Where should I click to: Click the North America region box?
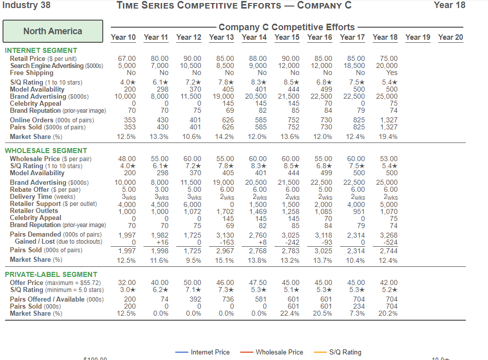(x=53, y=31)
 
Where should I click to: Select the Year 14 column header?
(x=254, y=37)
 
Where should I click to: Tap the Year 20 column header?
(x=451, y=37)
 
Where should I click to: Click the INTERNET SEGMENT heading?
(x=41, y=50)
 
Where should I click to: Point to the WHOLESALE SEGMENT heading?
(x=46, y=151)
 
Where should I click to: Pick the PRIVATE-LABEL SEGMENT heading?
(x=51, y=274)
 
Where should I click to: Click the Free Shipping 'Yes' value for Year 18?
(x=391, y=73)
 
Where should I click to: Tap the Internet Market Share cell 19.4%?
(x=388, y=136)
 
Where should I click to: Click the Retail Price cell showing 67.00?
(x=127, y=58)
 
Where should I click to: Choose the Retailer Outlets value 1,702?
(x=225, y=211)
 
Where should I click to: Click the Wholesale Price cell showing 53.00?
(x=389, y=159)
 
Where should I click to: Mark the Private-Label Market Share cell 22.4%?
(x=290, y=314)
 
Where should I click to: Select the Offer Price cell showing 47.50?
(x=258, y=282)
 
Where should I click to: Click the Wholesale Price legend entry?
(x=272, y=352)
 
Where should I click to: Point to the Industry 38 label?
(x=27, y=5)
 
